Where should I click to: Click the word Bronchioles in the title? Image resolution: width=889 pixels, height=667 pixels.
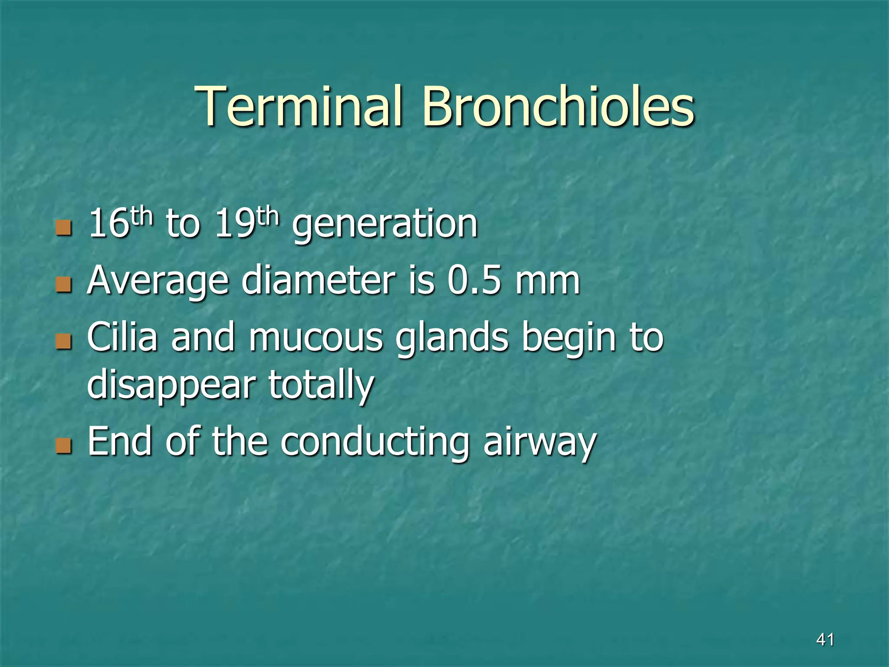pyautogui.click(x=558, y=106)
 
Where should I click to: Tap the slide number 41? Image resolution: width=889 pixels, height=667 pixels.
pyautogui.click(x=825, y=639)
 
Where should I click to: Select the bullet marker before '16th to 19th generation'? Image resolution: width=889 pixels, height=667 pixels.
pyautogui.click(x=63, y=228)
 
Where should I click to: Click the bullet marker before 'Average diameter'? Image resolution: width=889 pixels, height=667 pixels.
pyautogui.click(x=63, y=285)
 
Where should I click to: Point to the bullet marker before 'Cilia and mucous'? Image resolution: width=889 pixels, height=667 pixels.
pyautogui.click(x=63, y=342)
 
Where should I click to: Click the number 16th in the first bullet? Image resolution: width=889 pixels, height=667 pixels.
pyautogui.click(x=121, y=223)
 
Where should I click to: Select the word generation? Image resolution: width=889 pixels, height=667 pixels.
pyautogui.click(x=385, y=225)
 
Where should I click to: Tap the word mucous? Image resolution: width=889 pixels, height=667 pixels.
pyautogui.click(x=316, y=339)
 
